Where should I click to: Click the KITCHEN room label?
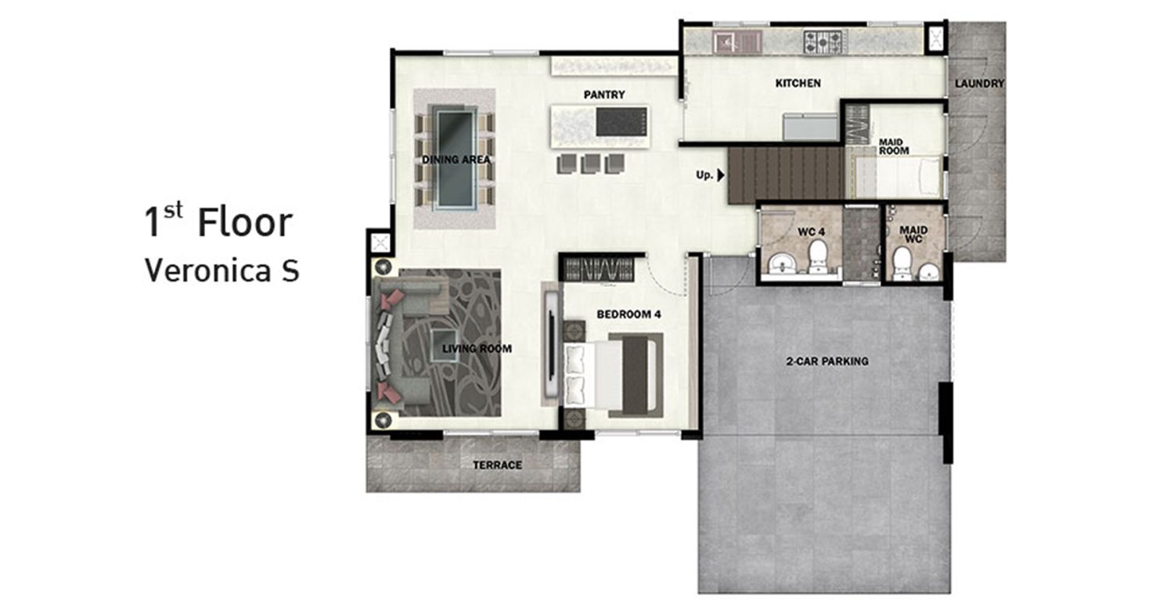(798, 83)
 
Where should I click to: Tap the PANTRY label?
(604, 95)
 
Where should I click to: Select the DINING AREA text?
(456, 160)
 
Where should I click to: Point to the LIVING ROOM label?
(477, 349)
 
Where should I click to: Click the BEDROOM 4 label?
(628, 314)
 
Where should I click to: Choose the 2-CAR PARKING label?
(827, 361)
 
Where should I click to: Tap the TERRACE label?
(497, 465)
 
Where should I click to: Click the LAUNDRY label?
(979, 84)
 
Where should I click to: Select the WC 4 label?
(812, 232)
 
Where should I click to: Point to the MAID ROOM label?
(894, 147)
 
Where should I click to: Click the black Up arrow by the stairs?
(721, 175)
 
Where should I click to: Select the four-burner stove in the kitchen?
(823, 41)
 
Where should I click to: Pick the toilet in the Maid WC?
(902, 263)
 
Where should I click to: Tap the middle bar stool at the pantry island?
(590, 163)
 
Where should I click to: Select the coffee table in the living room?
(445, 345)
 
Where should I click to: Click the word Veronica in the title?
(207, 271)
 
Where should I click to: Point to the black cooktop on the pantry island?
(621, 121)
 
